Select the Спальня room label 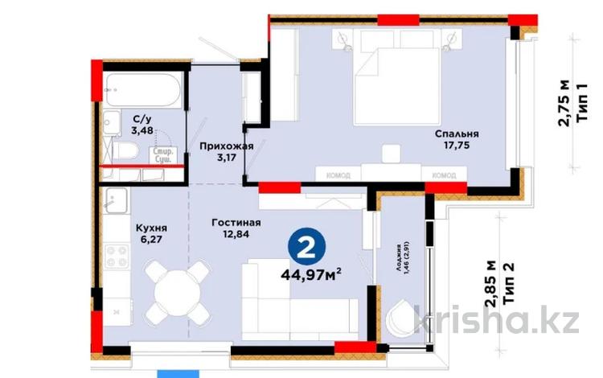(457, 134)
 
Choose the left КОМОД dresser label (338, 173)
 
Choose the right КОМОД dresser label (444, 174)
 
